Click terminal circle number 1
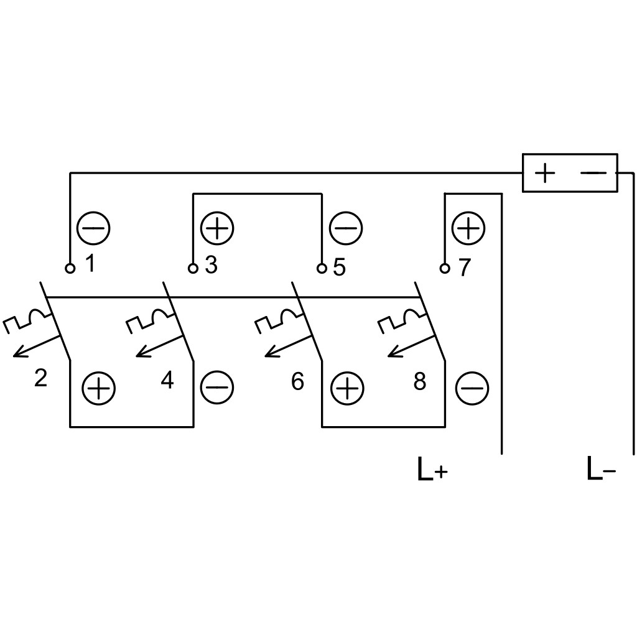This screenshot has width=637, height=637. (70, 268)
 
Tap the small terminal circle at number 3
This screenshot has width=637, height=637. (193, 268)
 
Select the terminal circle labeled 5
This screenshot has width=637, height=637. (322, 268)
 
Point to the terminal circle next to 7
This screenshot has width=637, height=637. (445, 268)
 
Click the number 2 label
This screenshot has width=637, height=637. (40, 378)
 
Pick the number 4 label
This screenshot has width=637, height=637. (167, 380)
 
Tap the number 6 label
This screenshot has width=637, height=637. (297, 381)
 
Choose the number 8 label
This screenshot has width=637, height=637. (420, 381)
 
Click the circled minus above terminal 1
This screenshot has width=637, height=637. (93, 228)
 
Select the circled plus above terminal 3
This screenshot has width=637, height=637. (217, 228)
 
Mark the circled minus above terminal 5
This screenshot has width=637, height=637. (346, 228)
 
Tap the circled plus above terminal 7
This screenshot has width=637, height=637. (468, 228)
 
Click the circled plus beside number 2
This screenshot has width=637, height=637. (99, 388)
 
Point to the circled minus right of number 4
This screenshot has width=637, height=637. (217, 387)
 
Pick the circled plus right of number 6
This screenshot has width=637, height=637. (347, 388)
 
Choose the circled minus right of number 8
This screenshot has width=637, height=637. (472, 388)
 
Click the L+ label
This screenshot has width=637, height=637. (433, 469)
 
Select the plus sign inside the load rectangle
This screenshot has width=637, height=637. (545, 173)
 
